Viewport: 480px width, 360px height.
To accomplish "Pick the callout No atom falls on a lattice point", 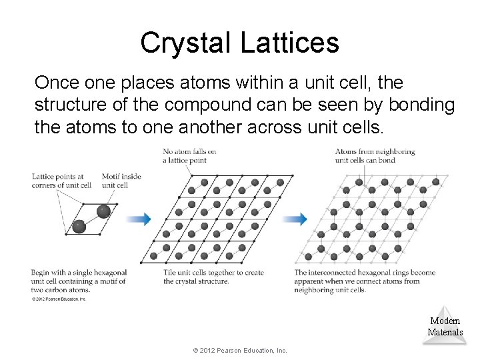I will (189, 155).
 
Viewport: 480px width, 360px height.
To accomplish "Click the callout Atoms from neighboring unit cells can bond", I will (375, 155).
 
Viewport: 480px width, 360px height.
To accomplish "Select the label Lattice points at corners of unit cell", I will (61, 181).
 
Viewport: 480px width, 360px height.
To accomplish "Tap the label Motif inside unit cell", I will (121, 181).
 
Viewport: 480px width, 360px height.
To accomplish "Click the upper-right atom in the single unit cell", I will (103, 211).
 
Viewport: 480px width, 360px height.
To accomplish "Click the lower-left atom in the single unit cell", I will (79, 227).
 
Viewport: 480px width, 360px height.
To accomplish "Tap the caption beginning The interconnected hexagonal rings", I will (365, 281).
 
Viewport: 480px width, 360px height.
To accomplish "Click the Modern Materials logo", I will (445, 325).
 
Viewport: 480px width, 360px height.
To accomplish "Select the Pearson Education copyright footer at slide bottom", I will (239, 350).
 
